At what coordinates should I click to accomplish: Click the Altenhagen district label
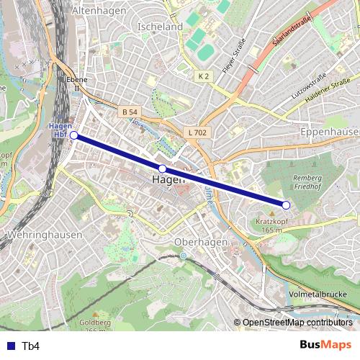99,11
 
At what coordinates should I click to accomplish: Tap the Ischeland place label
159,26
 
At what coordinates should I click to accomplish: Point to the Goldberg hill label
94,324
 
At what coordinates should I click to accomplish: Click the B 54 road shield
129,112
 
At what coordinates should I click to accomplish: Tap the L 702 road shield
196,132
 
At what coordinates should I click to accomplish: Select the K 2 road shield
204,76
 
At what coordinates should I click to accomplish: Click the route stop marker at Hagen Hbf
73,135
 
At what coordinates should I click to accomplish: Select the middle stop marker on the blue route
163,168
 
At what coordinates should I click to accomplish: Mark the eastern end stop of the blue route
286,205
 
